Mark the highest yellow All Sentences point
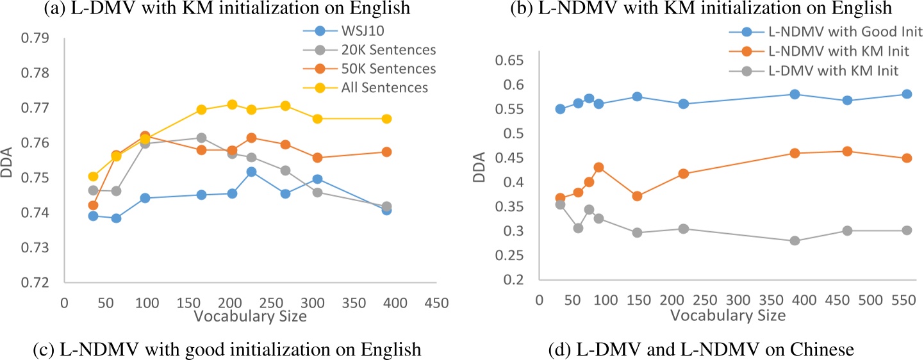point(232,104)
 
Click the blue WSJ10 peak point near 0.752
point(251,172)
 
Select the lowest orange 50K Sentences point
point(93,205)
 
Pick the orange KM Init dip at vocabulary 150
point(637,196)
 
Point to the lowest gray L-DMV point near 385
point(795,241)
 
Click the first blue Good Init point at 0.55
point(560,109)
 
